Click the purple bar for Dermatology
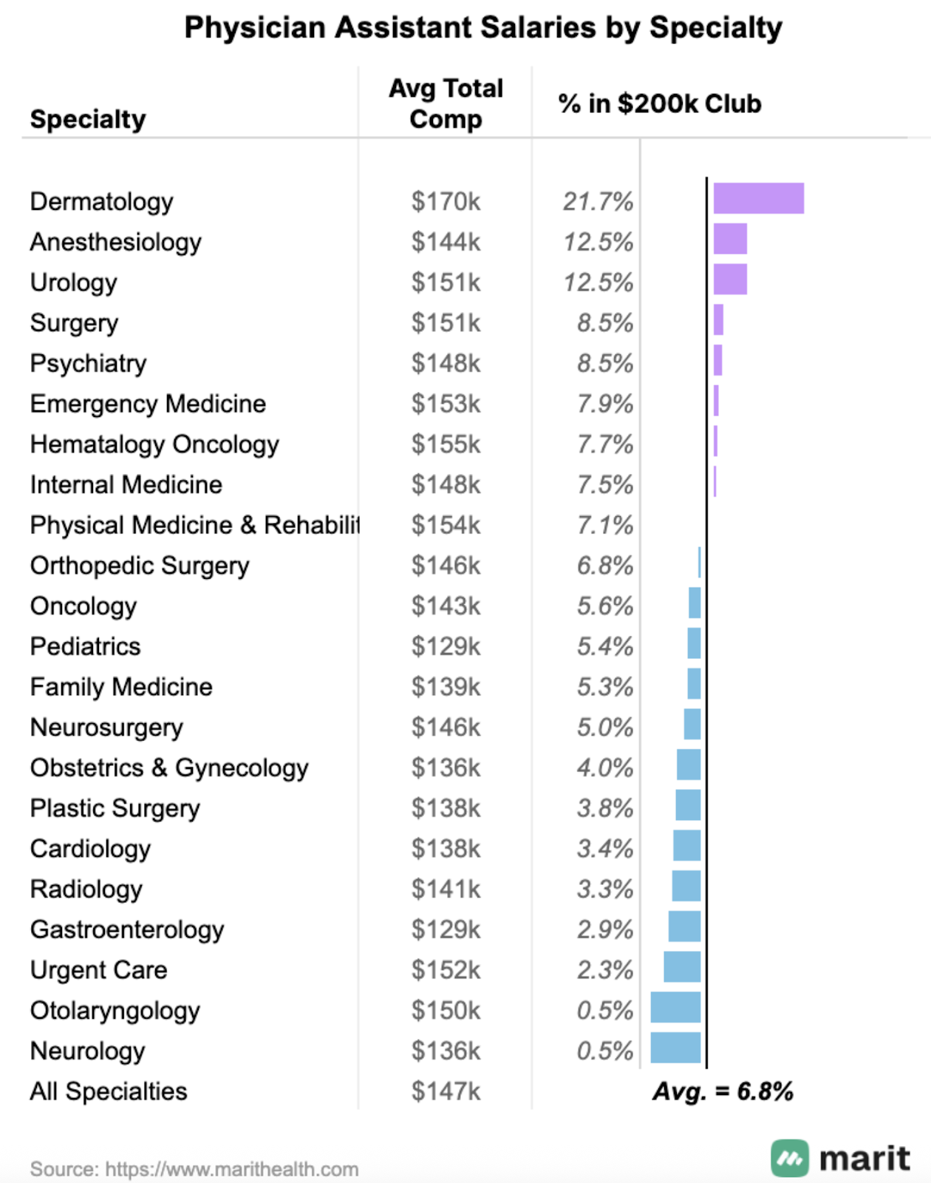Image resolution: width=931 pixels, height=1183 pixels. [x=758, y=198]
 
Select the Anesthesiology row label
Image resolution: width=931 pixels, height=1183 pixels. [x=116, y=242]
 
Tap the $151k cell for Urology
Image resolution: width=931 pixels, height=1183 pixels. [x=446, y=282]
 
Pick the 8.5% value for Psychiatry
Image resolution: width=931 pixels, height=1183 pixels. [x=605, y=363]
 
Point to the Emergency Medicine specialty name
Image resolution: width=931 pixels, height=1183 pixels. [x=148, y=404]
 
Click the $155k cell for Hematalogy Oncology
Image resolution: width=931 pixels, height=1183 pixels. [x=446, y=444]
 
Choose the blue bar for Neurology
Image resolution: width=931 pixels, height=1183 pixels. [x=675, y=1048]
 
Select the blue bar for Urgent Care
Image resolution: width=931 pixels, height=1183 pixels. [x=682, y=967]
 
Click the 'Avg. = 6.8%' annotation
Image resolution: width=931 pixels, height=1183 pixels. [x=723, y=1091]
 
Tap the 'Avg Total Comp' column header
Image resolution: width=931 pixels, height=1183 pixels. [x=446, y=104]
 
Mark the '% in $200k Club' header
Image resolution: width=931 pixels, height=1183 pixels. [x=659, y=104]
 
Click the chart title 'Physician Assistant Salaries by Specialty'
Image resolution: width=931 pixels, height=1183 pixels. [x=483, y=28]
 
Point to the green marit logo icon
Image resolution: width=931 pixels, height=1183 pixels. [x=790, y=1158]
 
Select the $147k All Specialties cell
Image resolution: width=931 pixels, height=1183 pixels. [x=446, y=1091]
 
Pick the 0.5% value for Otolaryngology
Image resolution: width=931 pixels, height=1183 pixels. [x=605, y=1011]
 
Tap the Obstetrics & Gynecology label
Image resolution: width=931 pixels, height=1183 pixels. [x=169, y=768]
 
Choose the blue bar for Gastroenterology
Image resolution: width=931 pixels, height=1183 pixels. [x=684, y=926]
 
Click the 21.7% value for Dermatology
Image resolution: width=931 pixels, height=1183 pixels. [x=598, y=201]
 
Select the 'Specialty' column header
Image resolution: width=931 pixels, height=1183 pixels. [x=88, y=119]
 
